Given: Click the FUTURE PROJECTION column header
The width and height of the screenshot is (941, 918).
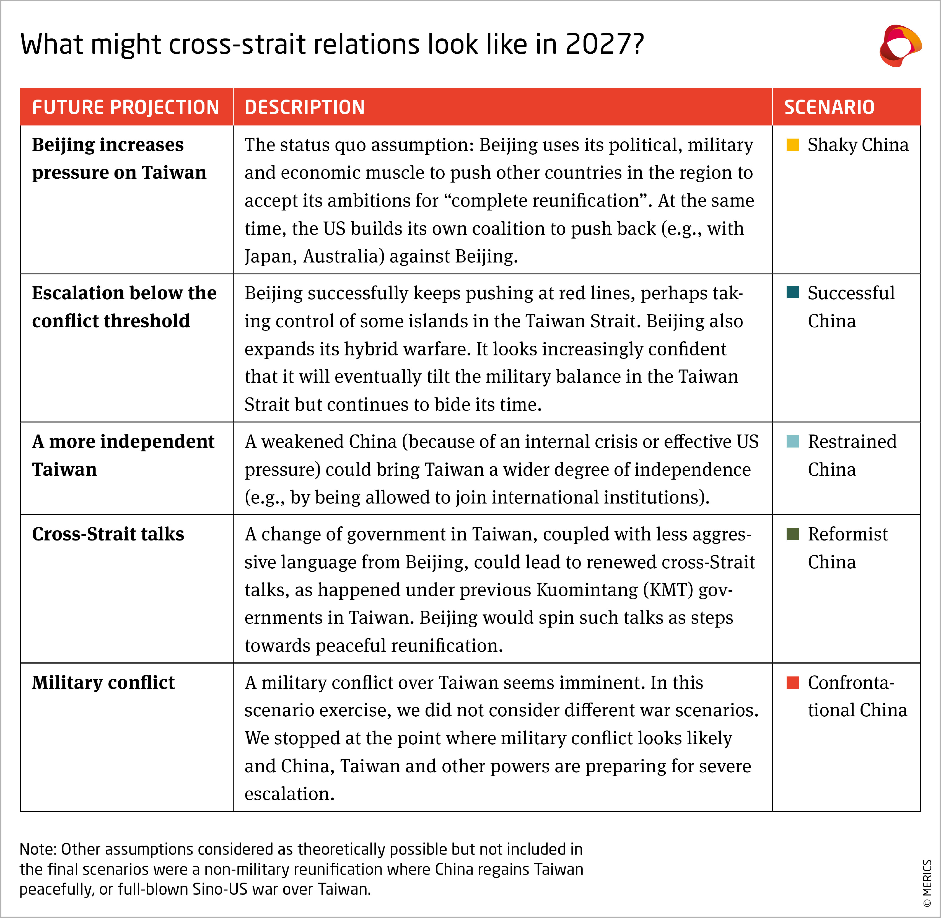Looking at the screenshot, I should click(125, 107).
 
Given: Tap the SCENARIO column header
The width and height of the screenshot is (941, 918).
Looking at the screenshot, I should click(829, 107).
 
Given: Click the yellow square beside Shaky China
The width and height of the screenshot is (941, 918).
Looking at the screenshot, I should click(792, 145).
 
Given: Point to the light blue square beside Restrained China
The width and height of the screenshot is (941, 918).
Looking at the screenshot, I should click(792, 441).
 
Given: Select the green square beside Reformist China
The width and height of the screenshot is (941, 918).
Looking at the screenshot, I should click(792, 534).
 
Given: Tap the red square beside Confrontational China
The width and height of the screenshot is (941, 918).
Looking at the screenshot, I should click(792, 682).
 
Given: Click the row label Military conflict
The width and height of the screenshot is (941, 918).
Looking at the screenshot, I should click(103, 683).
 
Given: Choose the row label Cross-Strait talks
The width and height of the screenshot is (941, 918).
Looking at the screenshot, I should click(108, 534).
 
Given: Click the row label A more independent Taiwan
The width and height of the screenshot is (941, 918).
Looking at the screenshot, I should click(123, 455).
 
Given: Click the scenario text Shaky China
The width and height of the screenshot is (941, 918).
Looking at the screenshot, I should click(857, 145).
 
